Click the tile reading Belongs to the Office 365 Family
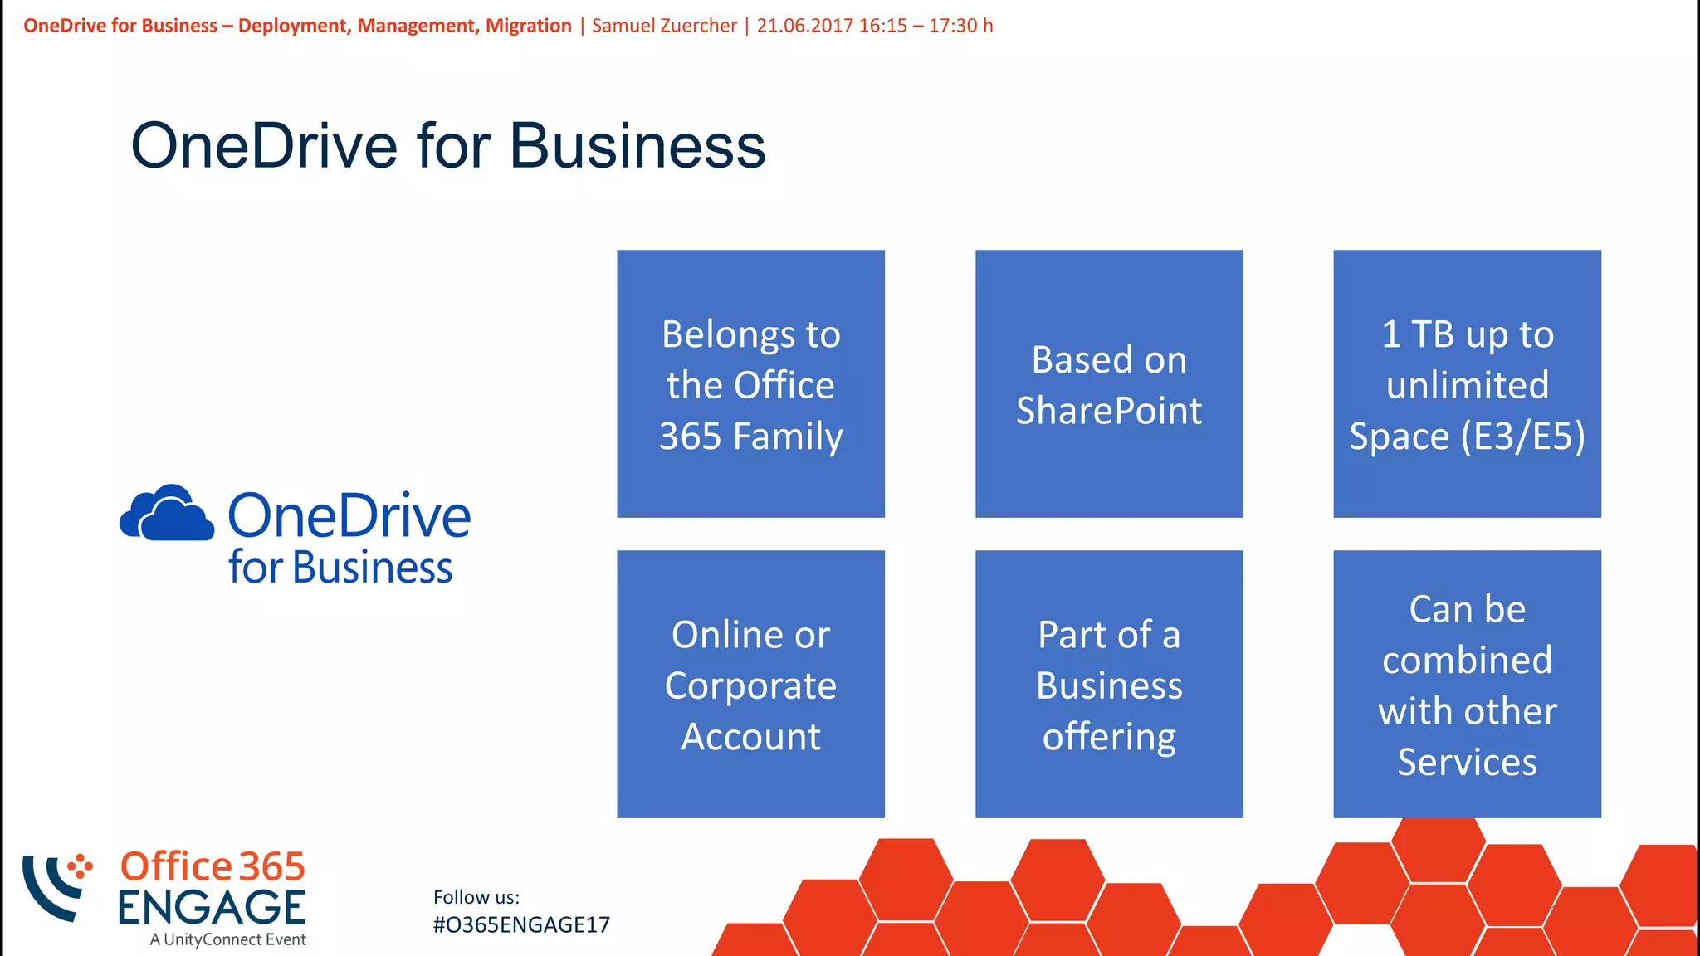click(x=750, y=383)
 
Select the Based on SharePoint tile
click(x=1109, y=383)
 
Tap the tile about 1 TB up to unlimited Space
click(x=1467, y=383)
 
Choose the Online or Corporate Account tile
click(x=750, y=684)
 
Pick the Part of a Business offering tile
click(x=1109, y=684)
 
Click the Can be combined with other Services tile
click(x=1467, y=684)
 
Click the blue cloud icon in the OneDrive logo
click(x=167, y=514)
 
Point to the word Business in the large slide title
click(x=637, y=146)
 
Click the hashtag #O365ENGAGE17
click(x=521, y=924)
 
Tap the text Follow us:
click(x=476, y=897)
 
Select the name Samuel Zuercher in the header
click(x=664, y=26)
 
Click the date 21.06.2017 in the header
click(x=804, y=26)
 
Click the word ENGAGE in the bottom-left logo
click(x=212, y=907)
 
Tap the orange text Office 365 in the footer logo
click(x=212, y=866)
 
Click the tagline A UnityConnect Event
click(x=227, y=939)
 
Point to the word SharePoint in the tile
click(x=1109, y=411)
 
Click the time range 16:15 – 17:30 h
click(x=926, y=26)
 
